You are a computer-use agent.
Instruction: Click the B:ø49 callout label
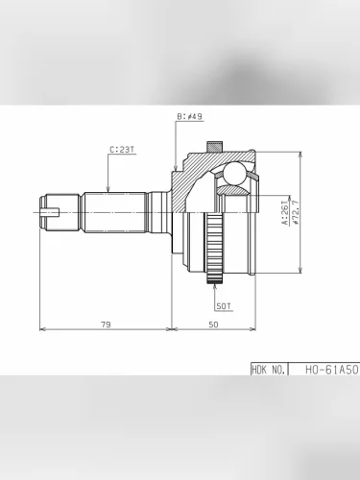(190, 117)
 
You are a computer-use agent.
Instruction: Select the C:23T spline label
(122, 150)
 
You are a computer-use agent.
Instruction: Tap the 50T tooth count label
(224, 306)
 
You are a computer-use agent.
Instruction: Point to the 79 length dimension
(106, 324)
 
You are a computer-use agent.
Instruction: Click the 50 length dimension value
(213, 324)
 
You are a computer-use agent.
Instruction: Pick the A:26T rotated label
(285, 212)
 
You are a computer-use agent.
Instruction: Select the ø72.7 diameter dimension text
(295, 212)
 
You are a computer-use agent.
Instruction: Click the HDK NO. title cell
(269, 370)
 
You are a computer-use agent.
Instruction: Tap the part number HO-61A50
(331, 370)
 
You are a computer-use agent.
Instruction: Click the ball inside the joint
(233, 174)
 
